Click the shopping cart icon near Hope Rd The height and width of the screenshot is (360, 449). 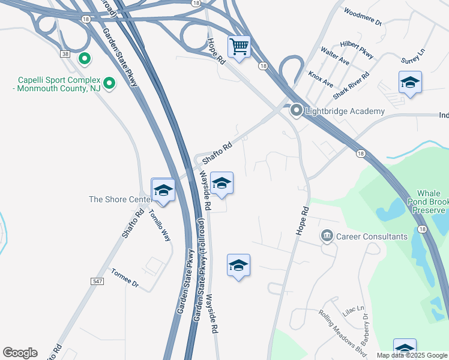click(239, 46)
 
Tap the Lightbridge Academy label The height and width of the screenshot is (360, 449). click(345, 111)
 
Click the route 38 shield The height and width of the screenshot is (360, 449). click(64, 54)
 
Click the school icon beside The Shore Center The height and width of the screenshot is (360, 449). click(163, 191)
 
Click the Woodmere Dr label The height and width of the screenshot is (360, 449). click(363, 16)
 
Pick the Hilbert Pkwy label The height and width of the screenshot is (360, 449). click(355, 50)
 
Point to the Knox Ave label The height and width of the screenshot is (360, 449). click(320, 79)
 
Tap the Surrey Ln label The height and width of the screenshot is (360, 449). click(414, 56)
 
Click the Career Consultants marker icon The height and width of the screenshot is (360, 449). click(327, 236)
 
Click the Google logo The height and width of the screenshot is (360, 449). click(20, 353)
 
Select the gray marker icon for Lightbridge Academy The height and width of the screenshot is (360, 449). click(296, 111)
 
